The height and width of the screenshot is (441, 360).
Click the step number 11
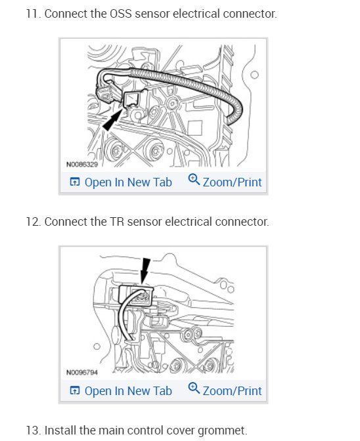point(34,14)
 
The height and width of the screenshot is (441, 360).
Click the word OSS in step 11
point(120,14)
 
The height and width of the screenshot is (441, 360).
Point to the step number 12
point(34,222)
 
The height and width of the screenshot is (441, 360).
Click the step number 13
point(34,430)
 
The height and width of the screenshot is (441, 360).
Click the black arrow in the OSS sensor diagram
point(112,120)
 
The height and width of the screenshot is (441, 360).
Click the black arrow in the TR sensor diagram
point(145,270)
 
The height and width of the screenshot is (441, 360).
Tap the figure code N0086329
point(82,164)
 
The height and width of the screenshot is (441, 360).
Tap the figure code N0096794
point(82,372)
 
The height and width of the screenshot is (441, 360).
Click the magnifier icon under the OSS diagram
point(194,179)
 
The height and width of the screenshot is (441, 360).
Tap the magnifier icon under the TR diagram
point(194,388)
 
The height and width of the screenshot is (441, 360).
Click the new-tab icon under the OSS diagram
point(75,182)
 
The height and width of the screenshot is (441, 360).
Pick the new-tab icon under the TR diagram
point(75,390)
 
